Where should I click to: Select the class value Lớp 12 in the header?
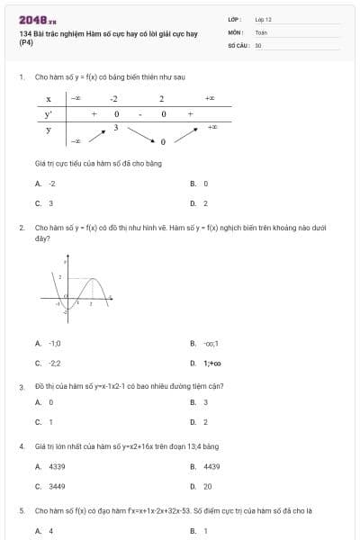click(x=264, y=18)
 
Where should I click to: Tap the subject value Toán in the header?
click(x=261, y=31)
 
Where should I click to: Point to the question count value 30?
click(x=258, y=44)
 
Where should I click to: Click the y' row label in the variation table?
click(x=49, y=114)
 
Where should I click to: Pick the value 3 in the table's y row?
click(x=116, y=128)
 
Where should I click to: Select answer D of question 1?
click(x=205, y=203)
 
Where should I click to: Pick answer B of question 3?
click(x=205, y=402)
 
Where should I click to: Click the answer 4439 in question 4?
click(x=211, y=466)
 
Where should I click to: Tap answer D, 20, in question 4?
click(x=207, y=486)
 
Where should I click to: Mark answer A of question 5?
click(x=50, y=531)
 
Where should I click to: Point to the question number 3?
click(x=21, y=386)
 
